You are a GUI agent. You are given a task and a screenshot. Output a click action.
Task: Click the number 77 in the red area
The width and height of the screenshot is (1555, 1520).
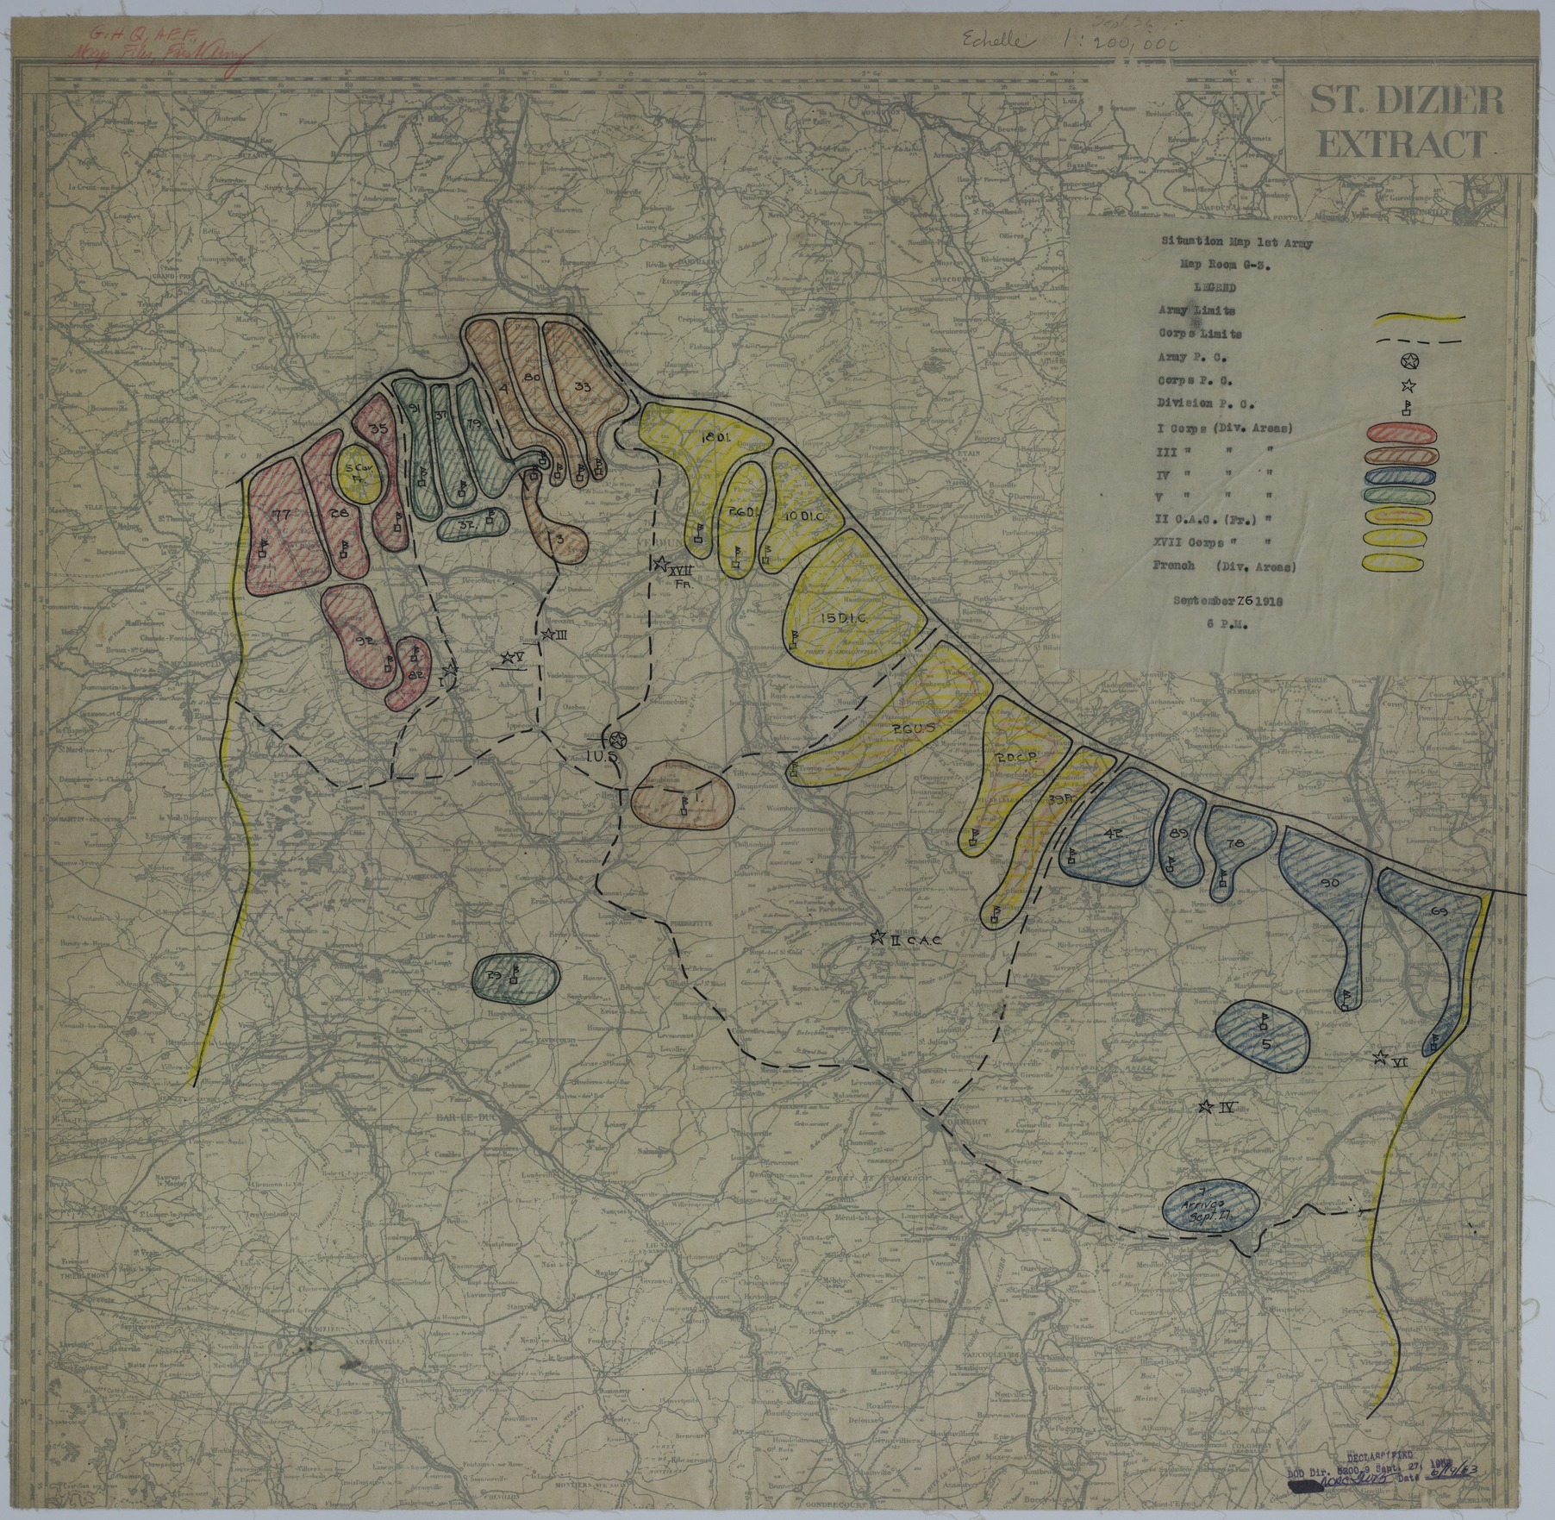(x=278, y=515)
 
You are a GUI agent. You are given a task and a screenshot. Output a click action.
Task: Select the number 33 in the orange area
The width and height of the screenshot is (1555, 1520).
(x=583, y=388)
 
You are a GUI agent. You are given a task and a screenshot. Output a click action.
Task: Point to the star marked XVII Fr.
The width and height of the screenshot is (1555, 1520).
(x=660, y=564)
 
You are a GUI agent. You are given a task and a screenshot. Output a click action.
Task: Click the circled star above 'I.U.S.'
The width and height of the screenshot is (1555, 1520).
(x=615, y=740)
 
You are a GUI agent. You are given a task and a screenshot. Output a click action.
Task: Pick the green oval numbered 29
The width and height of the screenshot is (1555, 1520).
(x=515, y=978)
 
